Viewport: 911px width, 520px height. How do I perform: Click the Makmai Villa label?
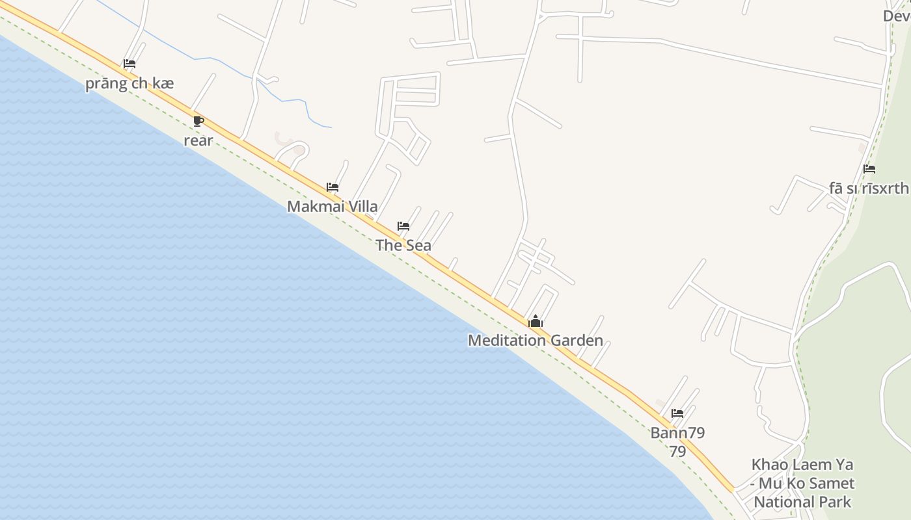[x=332, y=207]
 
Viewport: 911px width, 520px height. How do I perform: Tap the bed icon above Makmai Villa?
[x=333, y=187]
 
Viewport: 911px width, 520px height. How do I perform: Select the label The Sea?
[x=403, y=246]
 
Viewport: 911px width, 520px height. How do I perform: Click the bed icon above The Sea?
[x=403, y=226]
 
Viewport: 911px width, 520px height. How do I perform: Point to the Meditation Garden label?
[x=535, y=341]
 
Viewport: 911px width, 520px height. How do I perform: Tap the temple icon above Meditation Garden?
[x=536, y=321]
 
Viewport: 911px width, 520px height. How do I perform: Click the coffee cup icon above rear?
[x=198, y=121]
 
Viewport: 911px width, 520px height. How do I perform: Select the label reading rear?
[x=198, y=140]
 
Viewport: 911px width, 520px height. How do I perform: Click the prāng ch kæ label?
[x=129, y=84]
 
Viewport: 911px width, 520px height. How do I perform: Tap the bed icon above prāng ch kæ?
[x=129, y=64]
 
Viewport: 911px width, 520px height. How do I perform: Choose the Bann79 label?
[x=677, y=433]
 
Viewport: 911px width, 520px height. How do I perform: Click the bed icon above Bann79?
[x=677, y=413]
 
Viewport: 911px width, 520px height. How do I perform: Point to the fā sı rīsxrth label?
[x=869, y=188]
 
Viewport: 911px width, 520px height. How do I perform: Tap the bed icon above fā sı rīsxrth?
[x=869, y=169]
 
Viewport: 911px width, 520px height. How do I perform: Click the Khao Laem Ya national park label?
[x=802, y=483]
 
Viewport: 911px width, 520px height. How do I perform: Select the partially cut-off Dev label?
[x=897, y=16]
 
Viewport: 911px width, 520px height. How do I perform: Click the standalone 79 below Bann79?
[x=677, y=451]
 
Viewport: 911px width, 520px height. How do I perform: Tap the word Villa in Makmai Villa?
[x=362, y=207]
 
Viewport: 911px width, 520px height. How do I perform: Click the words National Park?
[x=802, y=502]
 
